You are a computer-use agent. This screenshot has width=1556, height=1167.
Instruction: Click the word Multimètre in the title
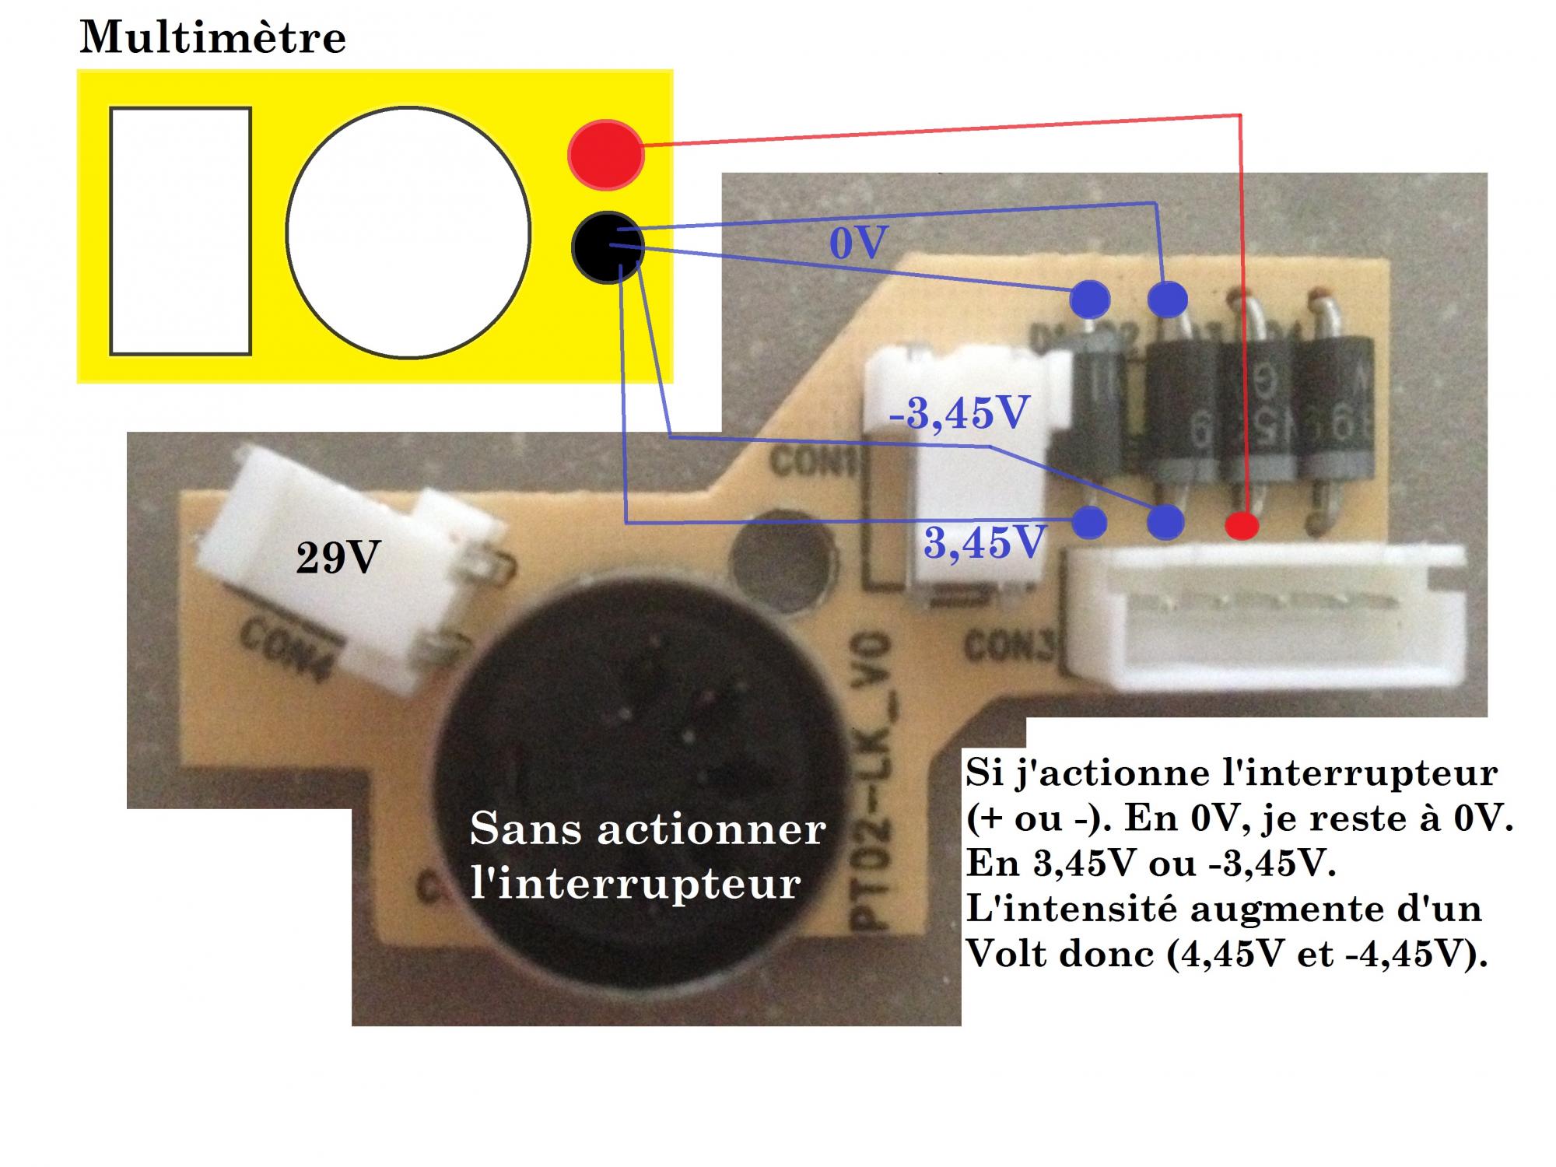[212, 37]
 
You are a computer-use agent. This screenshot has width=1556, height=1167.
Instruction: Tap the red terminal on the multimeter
[605, 154]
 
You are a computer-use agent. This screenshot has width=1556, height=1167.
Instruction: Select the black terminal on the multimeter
[607, 247]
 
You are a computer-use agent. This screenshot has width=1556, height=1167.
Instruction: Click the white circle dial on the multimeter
[408, 232]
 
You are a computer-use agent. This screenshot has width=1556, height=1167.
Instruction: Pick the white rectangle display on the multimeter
[180, 231]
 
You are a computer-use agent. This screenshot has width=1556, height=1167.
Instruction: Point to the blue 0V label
[858, 244]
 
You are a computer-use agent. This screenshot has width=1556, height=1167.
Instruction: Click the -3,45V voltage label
[958, 413]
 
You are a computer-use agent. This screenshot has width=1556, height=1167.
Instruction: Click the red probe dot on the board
[1242, 525]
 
